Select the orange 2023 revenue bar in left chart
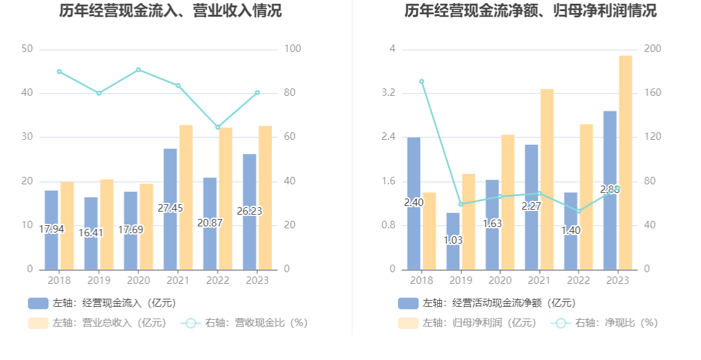click(265, 198)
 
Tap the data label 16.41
click(91, 233)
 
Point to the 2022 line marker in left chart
click(218, 127)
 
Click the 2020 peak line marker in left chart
click(138, 70)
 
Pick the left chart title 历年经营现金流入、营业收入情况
click(171, 11)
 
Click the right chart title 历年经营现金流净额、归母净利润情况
click(530, 11)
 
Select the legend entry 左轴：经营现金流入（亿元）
click(102, 303)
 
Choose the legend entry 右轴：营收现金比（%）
click(245, 323)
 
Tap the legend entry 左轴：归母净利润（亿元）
click(468, 323)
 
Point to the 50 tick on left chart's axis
click(27, 49)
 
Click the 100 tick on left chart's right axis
click(291, 49)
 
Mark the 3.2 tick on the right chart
click(388, 93)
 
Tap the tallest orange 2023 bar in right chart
click(626, 162)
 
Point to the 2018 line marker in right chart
click(422, 81)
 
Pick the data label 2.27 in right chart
click(531, 206)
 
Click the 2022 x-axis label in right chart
click(578, 280)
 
